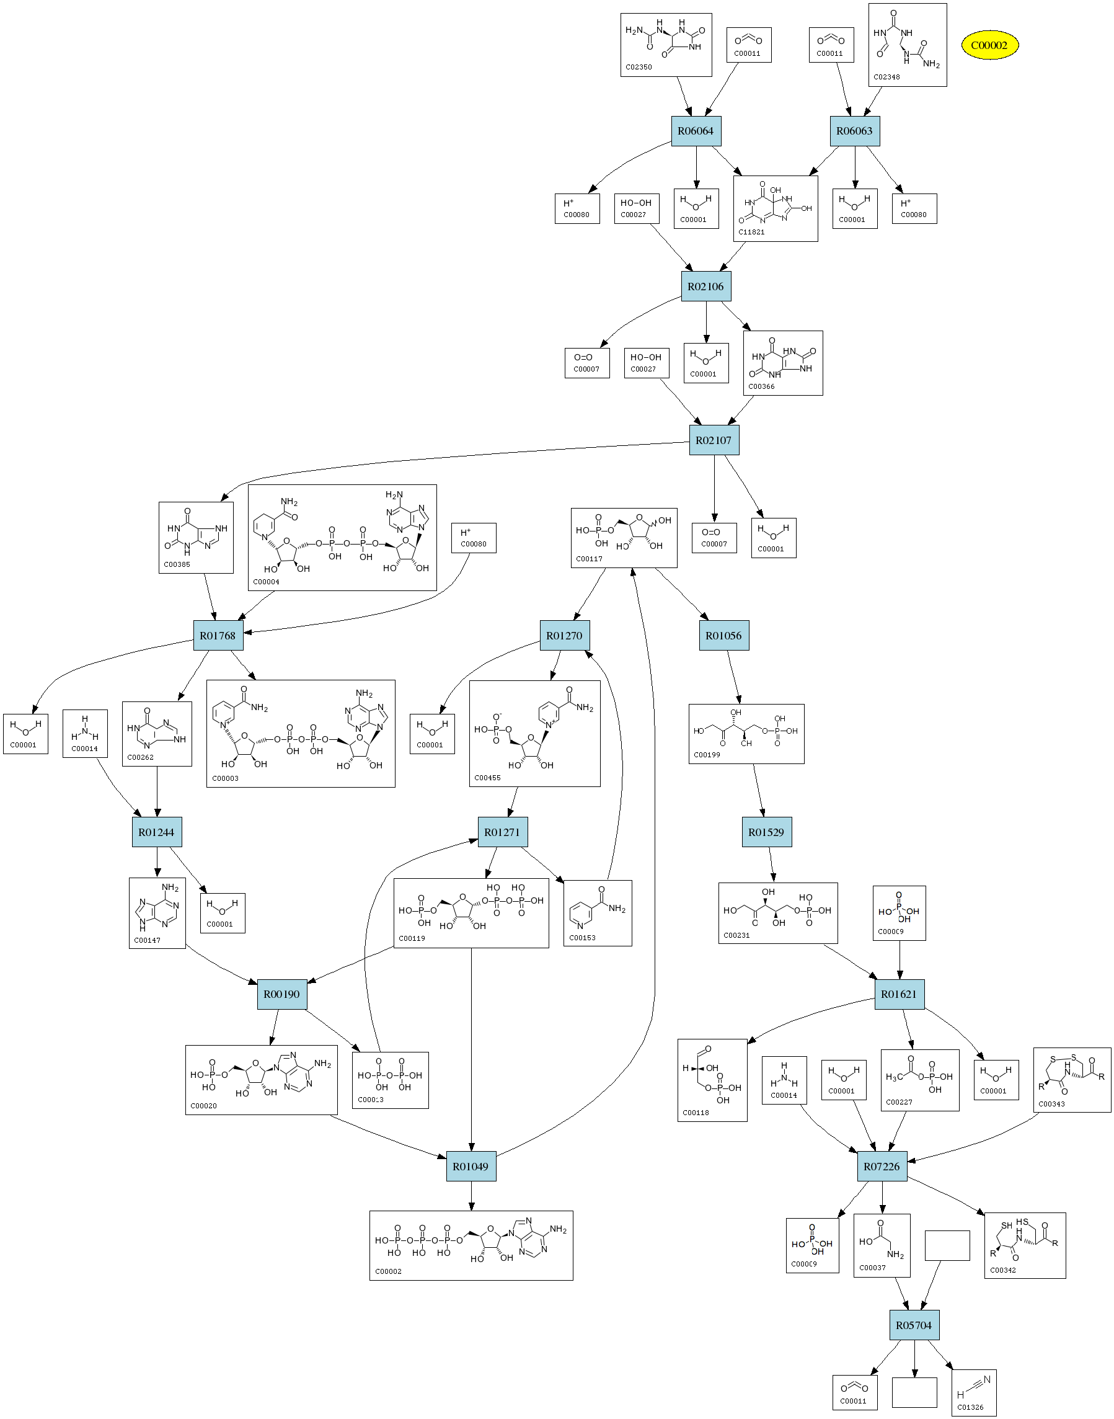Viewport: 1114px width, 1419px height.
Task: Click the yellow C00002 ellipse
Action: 989,46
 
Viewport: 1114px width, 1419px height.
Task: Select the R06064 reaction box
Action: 696,131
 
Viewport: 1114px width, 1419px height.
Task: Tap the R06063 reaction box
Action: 854,131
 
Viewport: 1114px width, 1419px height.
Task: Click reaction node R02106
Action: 705,287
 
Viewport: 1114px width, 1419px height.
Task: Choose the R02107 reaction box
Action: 714,440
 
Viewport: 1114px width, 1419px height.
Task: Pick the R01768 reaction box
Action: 218,636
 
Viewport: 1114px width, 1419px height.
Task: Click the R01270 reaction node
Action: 564,636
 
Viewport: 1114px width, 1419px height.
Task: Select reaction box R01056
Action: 723,636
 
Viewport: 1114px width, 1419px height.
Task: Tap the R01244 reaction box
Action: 157,832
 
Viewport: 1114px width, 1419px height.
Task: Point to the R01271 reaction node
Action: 502,832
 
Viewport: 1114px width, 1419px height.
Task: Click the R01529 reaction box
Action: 766,832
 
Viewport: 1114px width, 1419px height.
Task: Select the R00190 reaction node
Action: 282,994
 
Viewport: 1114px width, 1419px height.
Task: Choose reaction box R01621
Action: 899,994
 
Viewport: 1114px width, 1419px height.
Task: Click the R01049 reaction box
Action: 471,1167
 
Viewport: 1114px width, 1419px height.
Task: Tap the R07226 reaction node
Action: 882,1167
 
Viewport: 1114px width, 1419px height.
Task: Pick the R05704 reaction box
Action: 914,1326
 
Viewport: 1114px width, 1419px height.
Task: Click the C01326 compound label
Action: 970,1407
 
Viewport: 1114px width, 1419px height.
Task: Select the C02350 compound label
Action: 639,67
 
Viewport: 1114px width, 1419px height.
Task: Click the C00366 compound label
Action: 761,386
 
